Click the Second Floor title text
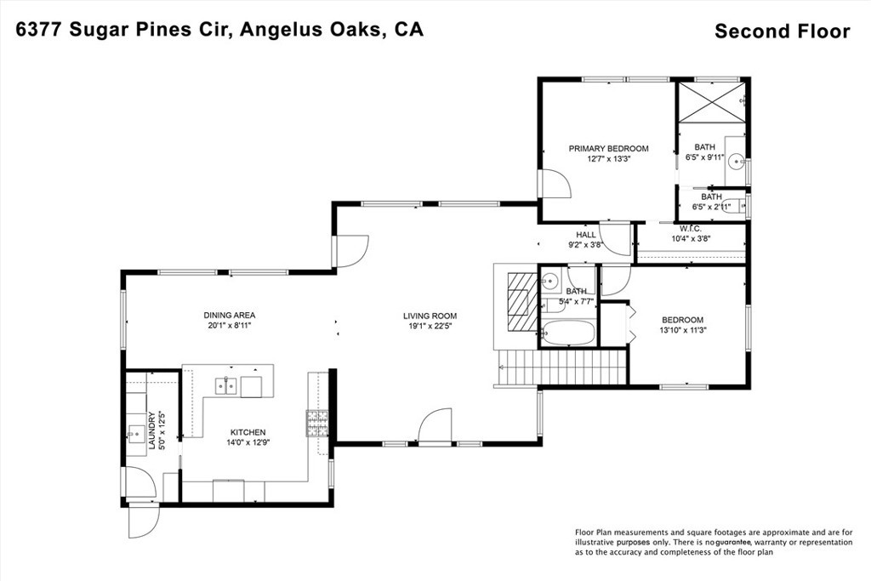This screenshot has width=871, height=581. [x=783, y=31]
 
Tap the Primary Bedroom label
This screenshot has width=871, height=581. [x=608, y=148]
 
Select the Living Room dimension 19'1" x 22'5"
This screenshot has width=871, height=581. [x=430, y=327]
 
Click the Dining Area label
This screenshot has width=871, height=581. [x=230, y=315]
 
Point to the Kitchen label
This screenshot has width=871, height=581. [x=248, y=432]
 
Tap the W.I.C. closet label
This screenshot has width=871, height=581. [x=691, y=228]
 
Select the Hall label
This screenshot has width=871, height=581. [x=585, y=235]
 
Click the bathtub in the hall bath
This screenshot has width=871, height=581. [x=568, y=333]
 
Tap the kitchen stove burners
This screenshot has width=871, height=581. [x=317, y=423]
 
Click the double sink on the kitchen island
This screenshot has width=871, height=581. [x=226, y=385]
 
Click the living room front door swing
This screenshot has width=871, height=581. [x=435, y=426]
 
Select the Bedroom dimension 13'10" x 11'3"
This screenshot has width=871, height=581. [x=683, y=330]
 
